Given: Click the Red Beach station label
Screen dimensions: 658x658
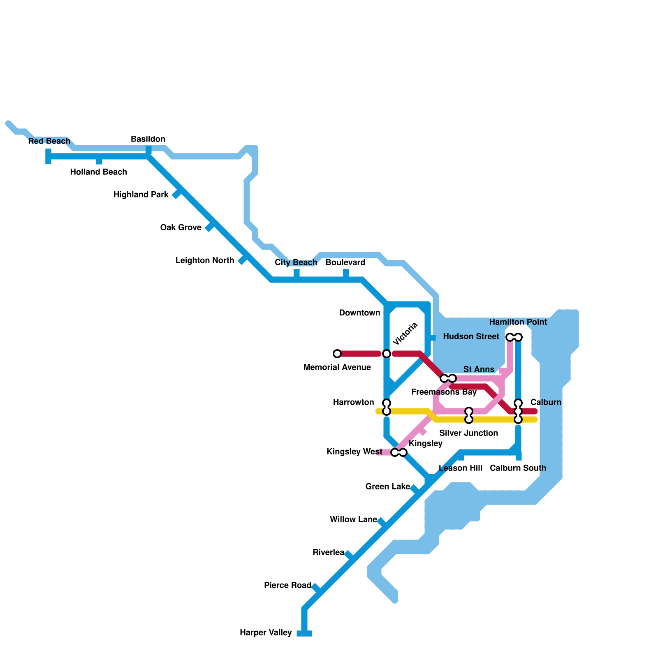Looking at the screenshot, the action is [x=49, y=141].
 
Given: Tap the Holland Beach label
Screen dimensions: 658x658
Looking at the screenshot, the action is [x=98, y=172].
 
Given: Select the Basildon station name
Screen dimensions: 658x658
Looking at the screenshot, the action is [x=148, y=139].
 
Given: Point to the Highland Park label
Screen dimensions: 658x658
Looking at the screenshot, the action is [x=141, y=195].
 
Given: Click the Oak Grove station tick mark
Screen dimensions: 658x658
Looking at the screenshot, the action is [x=210, y=227].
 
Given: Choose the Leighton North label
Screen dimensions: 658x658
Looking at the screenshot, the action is [x=205, y=260].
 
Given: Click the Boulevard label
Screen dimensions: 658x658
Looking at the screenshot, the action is [x=345, y=262].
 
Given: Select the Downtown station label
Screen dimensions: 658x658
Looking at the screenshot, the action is [x=360, y=313].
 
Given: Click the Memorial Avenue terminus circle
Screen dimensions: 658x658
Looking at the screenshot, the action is [x=337, y=354].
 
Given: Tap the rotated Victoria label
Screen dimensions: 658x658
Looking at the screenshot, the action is [x=405, y=334].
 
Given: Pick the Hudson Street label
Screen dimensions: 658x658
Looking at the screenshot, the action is [x=471, y=336].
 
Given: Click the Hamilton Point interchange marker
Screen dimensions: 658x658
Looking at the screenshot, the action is [x=514, y=337].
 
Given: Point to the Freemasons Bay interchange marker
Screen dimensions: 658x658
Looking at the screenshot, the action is [x=448, y=378].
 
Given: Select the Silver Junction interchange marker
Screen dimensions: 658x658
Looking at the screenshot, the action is [x=469, y=415].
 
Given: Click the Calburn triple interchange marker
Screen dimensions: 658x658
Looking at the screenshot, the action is [x=518, y=411].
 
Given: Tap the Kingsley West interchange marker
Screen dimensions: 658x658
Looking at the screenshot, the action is [x=399, y=452].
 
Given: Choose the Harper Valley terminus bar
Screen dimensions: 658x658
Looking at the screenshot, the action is [x=304, y=633].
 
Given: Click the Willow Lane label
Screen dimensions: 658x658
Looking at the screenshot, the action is [x=354, y=519].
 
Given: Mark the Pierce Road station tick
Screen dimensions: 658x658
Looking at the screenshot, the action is [x=316, y=588].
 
